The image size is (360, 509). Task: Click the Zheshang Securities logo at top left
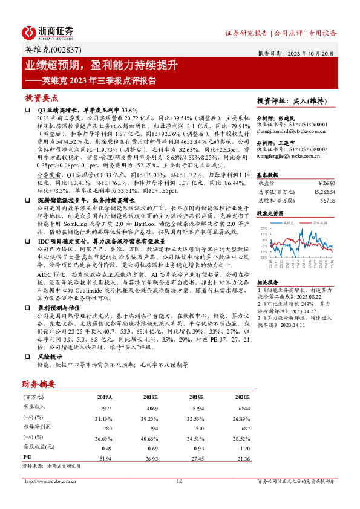(48, 32)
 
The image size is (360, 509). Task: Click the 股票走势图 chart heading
(270, 213)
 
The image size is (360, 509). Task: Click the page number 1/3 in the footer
(179, 481)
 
